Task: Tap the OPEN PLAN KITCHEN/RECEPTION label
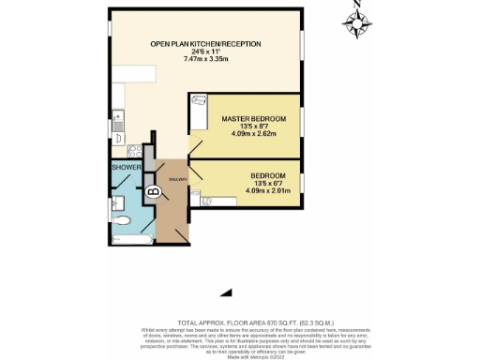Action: [x=205, y=44]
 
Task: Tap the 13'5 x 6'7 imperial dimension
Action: [x=268, y=184]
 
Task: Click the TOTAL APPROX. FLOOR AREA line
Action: [x=241, y=321]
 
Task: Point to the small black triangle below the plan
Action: [x=225, y=292]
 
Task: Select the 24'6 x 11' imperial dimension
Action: [x=206, y=52]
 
